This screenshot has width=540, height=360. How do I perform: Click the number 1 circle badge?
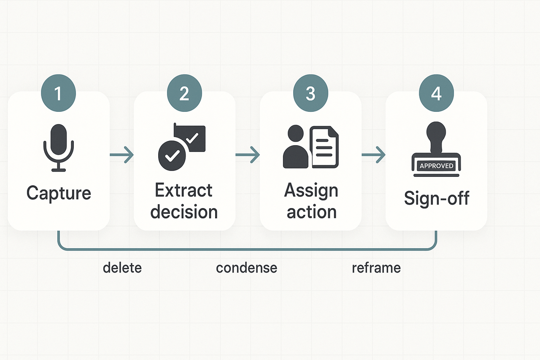tap(58, 93)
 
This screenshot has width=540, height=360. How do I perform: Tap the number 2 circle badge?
tap(184, 93)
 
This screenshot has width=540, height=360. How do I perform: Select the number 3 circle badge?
tap(310, 93)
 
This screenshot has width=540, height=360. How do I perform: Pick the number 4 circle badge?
tap(436, 93)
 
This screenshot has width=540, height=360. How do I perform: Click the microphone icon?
tap(59, 148)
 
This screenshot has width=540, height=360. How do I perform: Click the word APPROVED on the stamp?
tap(436, 166)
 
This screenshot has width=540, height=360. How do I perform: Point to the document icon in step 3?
tap(324, 148)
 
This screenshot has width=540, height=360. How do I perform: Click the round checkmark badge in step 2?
tap(171, 155)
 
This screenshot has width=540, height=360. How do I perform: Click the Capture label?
tap(59, 193)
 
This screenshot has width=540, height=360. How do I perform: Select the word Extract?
tap(184, 191)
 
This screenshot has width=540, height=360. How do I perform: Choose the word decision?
tap(184, 212)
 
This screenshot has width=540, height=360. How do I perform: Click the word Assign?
tap(311, 191)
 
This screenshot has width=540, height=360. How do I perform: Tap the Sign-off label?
tap(436, 198)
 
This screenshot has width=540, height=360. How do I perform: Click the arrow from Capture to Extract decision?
tap(121, 155)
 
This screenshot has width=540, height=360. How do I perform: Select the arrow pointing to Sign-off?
tap(374, 155)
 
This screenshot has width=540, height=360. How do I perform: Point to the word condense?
tap(246, 268)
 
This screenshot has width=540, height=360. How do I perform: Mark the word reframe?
tap(376, 268)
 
